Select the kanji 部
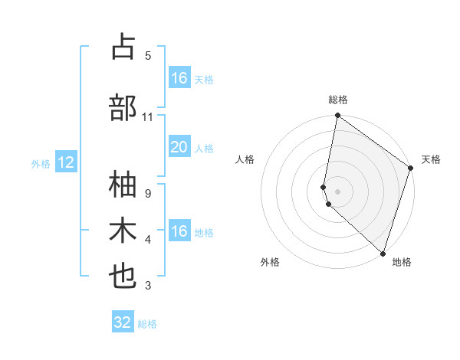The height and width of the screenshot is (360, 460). point(123,107)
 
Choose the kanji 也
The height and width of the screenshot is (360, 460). point(123,277)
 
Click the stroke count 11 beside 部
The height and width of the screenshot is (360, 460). point(148,117)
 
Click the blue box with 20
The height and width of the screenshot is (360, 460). point(179,147)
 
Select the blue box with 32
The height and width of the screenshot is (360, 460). point(123,322)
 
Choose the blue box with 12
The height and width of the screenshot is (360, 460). point(65,162)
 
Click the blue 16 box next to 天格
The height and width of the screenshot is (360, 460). point(179,78)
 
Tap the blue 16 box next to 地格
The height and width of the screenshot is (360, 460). point(179,231)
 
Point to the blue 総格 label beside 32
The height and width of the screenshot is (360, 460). point(147,324)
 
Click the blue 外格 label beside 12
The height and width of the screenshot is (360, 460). point(41,164)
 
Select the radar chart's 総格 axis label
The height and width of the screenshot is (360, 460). point(338,100)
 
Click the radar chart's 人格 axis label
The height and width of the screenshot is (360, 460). point(245,160)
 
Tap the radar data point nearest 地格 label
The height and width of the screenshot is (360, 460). point(382,253)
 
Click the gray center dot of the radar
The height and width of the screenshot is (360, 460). point(338,190)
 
